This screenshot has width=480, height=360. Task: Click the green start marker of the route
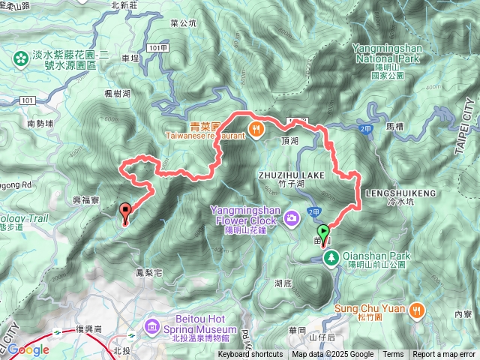click(323, 232)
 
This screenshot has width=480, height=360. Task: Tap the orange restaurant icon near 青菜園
click(256, 128)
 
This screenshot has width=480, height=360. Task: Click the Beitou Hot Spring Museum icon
click(153, 326)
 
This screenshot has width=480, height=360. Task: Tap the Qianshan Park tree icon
click(331, 259)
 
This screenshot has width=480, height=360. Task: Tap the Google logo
click(29, 349)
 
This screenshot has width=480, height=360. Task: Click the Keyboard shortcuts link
click(250, 355)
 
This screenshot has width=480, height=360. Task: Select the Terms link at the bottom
click(393, 355)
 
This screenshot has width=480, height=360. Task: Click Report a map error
click(444, 355)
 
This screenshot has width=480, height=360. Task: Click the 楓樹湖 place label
click(118, 94)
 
